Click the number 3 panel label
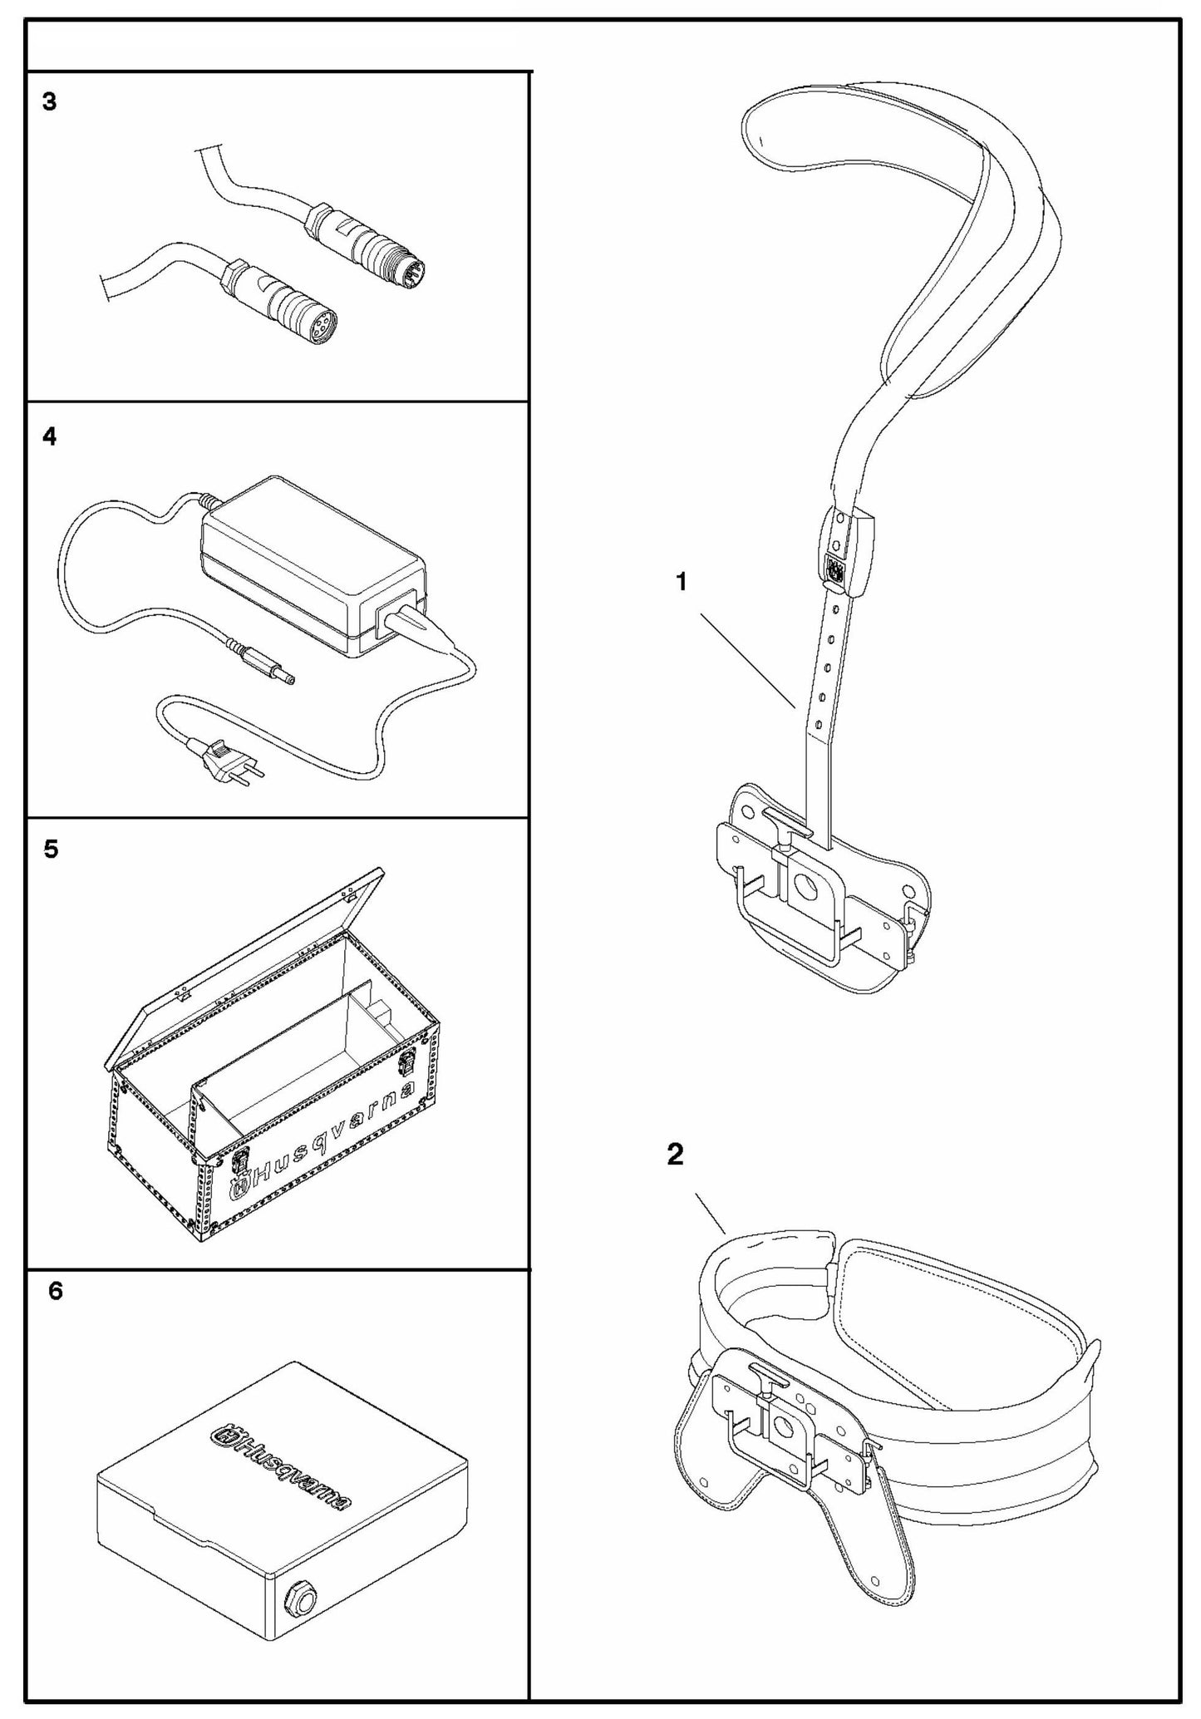coord(50,102)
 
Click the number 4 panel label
coord(50,436)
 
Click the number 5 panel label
coord(51,850)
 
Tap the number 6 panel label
coord(55,1291)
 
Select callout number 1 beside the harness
coord(682,583)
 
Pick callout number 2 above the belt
coord(675,1154)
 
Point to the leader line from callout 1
coord(748,661)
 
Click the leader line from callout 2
coord(711,1214)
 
